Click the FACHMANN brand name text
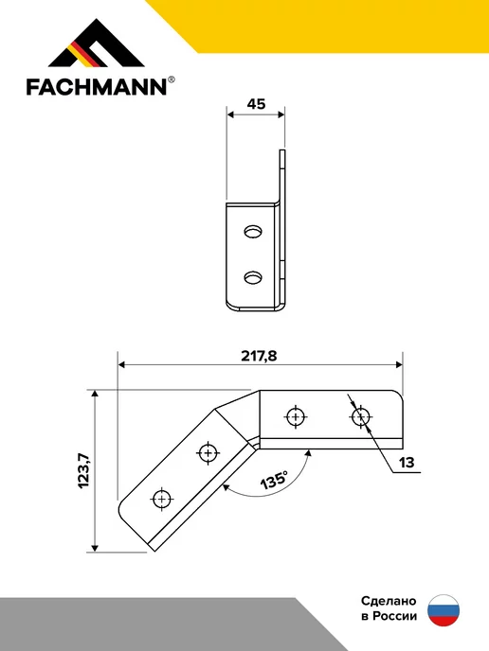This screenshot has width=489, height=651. pyautogui.click(x=97, y=87)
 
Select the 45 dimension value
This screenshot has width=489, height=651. pyautogui.click(x=256, y=104)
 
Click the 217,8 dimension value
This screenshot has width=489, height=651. pyautogui.click(x=259, y=356)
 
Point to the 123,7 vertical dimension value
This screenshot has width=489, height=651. pyautogui.click(x=83, y=471)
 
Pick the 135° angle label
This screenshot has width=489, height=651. pyautogui.click(x=274, y=481)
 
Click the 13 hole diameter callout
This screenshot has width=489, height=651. pyautogui.click(x=407, y=463)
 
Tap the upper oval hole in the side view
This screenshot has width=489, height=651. pyautogui.click(x=253, y=231)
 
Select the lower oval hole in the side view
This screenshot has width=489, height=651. pyautogui.click(x=253, y=277)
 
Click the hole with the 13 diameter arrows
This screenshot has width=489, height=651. pyautogui.click(x=360, y=416)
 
